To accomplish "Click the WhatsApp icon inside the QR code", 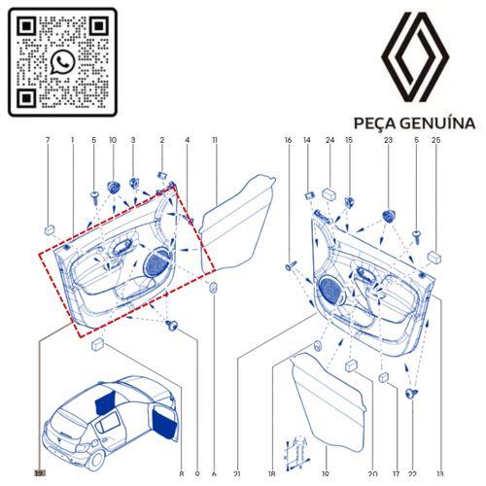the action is pyautogui.click(x=62, y=62).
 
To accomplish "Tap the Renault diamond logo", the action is pyautogui.click(x=415, y=56).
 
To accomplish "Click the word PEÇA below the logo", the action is pyautogui.click(x=374, y=124).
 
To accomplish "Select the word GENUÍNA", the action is pyautogui.click(x=437, y=123).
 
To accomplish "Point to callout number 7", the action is pyautogui.click(x=48, y=140).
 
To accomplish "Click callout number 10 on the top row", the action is pyautogui.click(x=113, y=140).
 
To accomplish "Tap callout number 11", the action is pyautogui.click(x=215, y=140).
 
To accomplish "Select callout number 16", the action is pyautogui.click(x=288, y=140).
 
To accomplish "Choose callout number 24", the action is pyautogui.click(x=330, y=140).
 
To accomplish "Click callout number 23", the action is pyautogui.click(x=388, y=140).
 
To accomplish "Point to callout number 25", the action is pyautogui.click(x=436, y=140).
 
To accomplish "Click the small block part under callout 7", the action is pyautogui.click(x=50, y=230).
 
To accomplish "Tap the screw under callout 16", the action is pyautogui.click(x=291, y=265).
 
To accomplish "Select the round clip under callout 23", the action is pyautogui.click(x=388, y=216).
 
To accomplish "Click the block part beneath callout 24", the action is pyautogui.click(x=329, y=194).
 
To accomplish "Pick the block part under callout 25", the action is pyautogui.click(x=434, y=257).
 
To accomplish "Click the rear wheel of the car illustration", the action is pyautogui.click(x=96, y=459).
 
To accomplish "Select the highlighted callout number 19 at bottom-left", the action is pyautogui.click(x=40, y=473).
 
